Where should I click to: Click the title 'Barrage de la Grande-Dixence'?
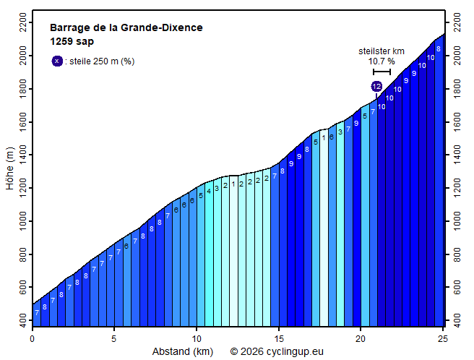[126, 28]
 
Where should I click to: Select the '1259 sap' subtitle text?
[72, 41]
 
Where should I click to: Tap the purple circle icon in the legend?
[57, 61]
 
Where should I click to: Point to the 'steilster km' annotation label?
[382, 51]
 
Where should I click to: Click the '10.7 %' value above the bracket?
[382, 61]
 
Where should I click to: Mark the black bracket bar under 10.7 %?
[382, 72]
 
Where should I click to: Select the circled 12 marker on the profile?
[376, 87]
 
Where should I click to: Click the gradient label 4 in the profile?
[209, 191]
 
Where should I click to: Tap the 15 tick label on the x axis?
[278, 338]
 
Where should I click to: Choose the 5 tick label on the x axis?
[113, 338]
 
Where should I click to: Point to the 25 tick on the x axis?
[443, 338]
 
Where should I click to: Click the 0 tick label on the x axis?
[32, 338]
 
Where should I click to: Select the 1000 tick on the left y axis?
[22, 221]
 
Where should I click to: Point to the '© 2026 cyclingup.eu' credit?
[277, 351]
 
